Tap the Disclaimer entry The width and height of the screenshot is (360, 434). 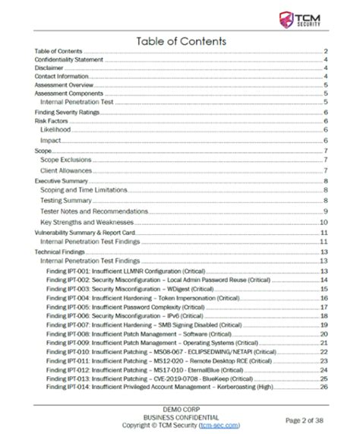click(49, 68)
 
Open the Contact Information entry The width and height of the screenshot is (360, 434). click(61, 76)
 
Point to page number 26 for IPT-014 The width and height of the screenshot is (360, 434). click(324, 387)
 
